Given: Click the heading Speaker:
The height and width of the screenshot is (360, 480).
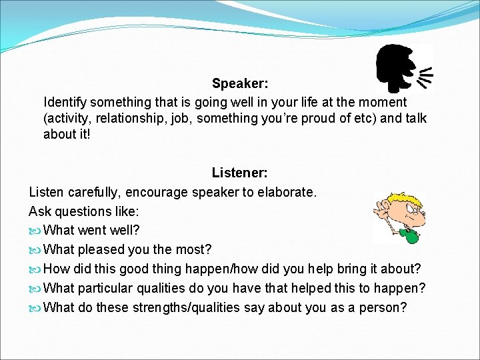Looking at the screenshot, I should [x=240, y=84].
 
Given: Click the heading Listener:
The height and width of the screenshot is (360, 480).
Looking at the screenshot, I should [x=240, y=173].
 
